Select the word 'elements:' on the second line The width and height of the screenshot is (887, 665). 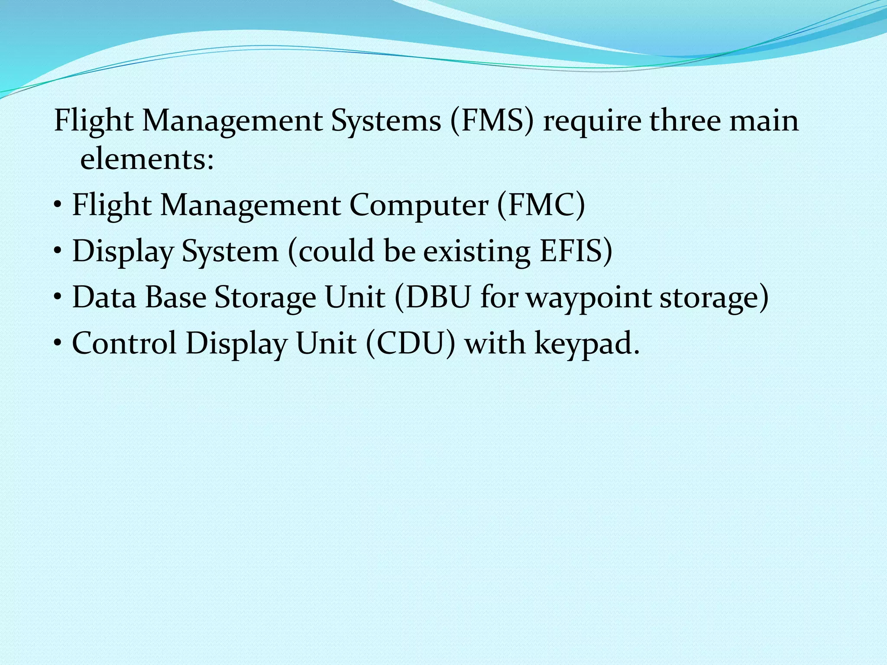point(147,159)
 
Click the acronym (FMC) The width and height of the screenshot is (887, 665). point(541,205)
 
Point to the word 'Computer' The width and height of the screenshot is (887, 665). point(419,205)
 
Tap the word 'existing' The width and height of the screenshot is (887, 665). point(476,251)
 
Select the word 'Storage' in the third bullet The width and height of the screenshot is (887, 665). point(265,297)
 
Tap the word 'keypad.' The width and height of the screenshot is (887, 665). point(587,343)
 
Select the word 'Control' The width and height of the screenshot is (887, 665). point(124,343)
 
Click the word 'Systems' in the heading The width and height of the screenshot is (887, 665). point(386,121)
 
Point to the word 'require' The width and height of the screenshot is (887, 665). point(592,121)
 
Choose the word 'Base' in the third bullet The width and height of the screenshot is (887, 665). point(175,297)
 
